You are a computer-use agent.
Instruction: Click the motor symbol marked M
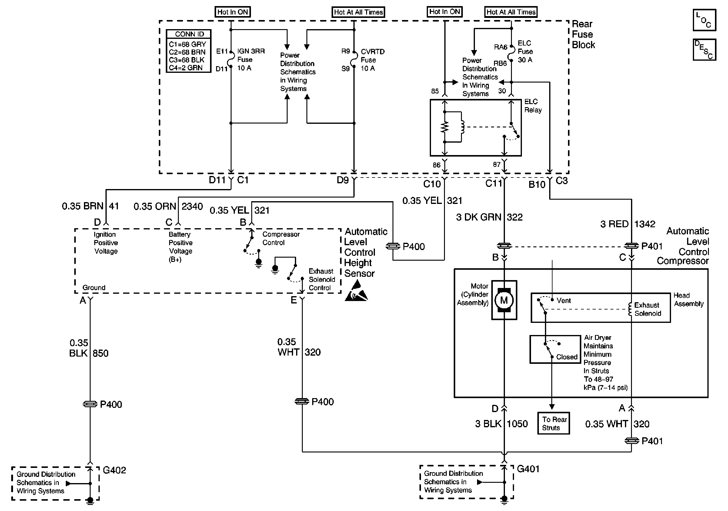(x=504, y=300)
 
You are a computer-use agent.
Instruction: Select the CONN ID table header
(x=190, y=34)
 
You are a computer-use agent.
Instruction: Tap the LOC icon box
(x=704, y=20)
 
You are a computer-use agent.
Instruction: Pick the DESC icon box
(x=704, y=49)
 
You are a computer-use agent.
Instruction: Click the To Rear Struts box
(x=554, y=423)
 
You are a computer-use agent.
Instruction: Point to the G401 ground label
(x=528, y=469)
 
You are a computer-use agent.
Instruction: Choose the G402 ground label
(x=115, y=470)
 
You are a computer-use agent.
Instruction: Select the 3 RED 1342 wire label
(x=628, y=224)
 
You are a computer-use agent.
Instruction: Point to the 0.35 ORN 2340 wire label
(x=168, y=206)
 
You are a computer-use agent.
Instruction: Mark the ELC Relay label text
(x=533, y=106)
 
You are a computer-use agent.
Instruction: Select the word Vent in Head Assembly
(x=564, y=301)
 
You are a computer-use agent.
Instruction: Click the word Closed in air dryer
(x=567, y=357)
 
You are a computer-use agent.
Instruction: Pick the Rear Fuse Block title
(x=583, y=34)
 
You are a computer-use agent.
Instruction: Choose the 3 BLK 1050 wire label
(x=501, y=424)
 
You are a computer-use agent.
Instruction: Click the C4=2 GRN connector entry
(x=185, y=68)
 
